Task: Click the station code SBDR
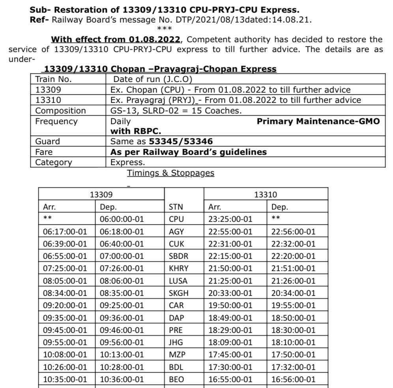[x=178, y=256]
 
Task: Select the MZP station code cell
[x=177, y=355]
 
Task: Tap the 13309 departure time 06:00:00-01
[x=122, y=219]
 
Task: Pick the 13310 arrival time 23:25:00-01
[x=230, y=219]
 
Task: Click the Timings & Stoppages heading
[x=170, y=173]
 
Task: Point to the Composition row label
[x=60, y=111]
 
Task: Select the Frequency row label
[x=56, y=121]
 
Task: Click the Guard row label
[x=48, y=141]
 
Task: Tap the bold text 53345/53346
[x=181, y=141]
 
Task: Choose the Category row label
[x=54, y=162]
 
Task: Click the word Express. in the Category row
[x=127, y=162]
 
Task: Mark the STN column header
[x=176, y=207]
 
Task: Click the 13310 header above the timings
[x=266, y=194]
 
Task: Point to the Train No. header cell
[x=53, y=79]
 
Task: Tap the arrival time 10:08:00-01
[x=65, y=355]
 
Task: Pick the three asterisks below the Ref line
[x=162, y=29]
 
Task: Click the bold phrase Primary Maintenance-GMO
[x=318, y=121]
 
